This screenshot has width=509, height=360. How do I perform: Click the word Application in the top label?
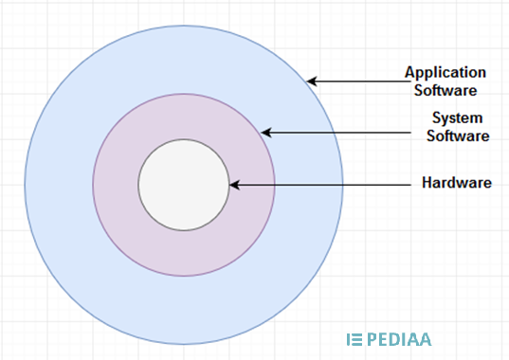click(x=446, y=73)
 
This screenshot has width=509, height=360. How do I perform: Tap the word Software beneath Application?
click(x=446, y=91)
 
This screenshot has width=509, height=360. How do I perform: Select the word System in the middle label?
click(x=459, y=118)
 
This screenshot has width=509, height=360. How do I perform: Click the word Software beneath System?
click(x=459, y=135)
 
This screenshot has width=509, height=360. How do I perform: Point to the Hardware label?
click(x=456, y=183)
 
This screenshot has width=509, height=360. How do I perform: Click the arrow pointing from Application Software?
click(x=355, y=82)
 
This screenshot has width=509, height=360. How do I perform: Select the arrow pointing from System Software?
click(x=341, y=133)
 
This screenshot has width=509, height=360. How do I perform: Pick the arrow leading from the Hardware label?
click(x=322, y=185)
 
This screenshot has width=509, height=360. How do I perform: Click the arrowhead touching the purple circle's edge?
click(x=266, y=133)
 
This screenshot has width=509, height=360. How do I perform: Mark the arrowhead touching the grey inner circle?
click(x=234, y=185)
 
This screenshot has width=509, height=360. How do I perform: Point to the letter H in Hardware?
click(x=427, y=183)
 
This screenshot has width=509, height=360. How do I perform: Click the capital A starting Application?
click(x=409, y=73)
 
